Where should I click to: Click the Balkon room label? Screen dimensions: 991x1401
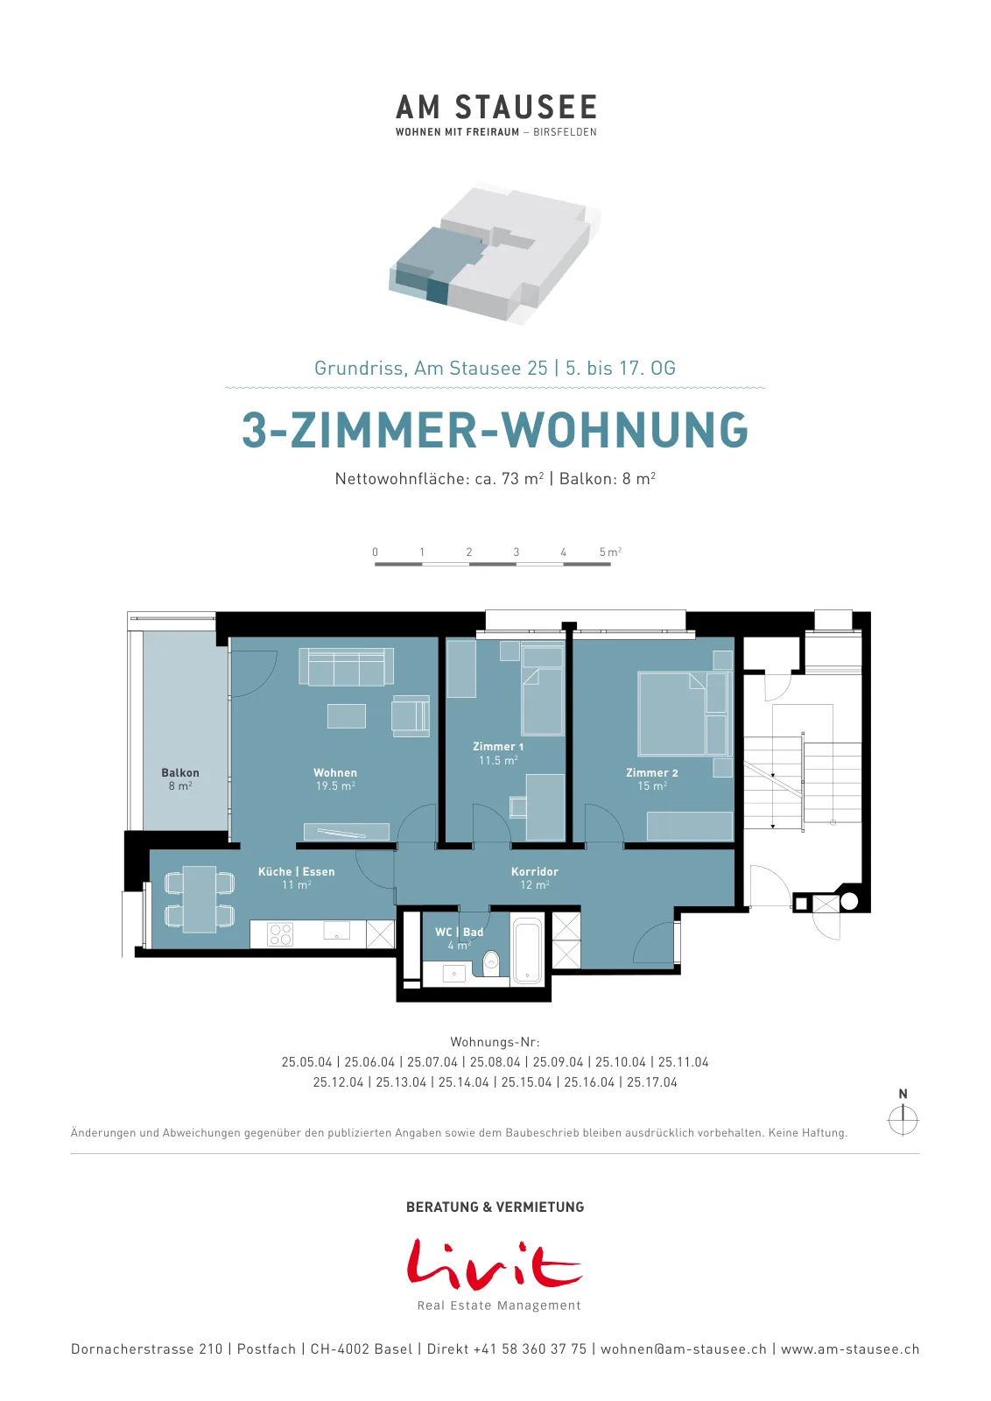pyautogui.click(x=180, y=778)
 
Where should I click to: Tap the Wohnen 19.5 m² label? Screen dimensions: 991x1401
pyautogui.click(x=335, y=779)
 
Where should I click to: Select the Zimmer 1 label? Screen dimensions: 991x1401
pyautogui.click(x=498, y=753)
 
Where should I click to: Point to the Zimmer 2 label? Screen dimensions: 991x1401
pyautogui.click(x=652, y=779)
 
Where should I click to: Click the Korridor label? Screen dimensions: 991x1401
pyautogui.click(x=535, y=877)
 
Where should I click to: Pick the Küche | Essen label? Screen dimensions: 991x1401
pyautogui.click(x=297, y=877)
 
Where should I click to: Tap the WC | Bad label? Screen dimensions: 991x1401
pyautogui.click(x=460, y=938)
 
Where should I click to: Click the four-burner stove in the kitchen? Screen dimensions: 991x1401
pyautogui.click(x=280, y=934)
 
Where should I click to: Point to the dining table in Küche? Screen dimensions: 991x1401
pyautogui.click(x=200, y=899)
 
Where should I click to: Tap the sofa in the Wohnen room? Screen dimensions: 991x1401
pyautogui.click(x=347, y=666)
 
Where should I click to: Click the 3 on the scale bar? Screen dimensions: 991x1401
pyautogui.click(x=516, y=552)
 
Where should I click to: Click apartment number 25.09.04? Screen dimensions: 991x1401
pyautogui.click(x=558, y=1062)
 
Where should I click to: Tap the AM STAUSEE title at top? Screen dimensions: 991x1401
pyautogui.click(x=496, y=107)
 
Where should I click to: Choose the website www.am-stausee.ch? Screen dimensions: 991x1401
pyautogui.click(x=850, y=1349)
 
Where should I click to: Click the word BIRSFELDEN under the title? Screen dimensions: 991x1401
pyautogui.click(x=566, y=132)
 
